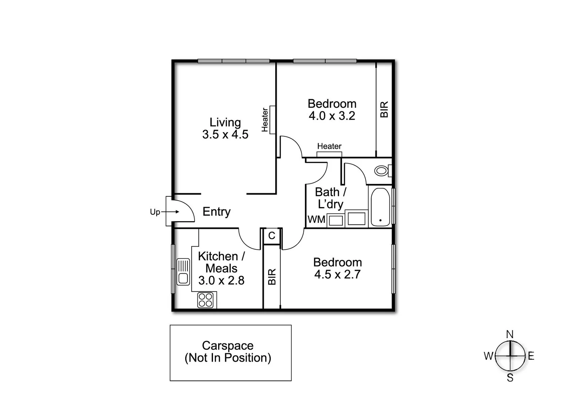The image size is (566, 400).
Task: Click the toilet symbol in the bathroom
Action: click(381, 171)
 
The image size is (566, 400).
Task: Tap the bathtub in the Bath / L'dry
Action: click(380, 207)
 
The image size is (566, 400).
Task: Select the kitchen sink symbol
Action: click(183, 271)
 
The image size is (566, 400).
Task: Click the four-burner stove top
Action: click(206, 300)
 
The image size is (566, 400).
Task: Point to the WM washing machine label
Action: click(316, 219)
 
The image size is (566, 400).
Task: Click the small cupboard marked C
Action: click(272, 236)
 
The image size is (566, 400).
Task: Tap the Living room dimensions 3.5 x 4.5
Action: click(225, 134)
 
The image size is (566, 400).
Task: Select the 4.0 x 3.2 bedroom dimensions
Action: click(332, 116)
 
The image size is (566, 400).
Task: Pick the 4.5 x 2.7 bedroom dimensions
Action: click(337, 274)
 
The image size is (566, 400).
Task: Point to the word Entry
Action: click(216, 211)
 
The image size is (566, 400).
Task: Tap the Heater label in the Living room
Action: click(264, 120)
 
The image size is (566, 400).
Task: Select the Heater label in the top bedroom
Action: click(329, 146)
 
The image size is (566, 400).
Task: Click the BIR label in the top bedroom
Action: click(384, 109)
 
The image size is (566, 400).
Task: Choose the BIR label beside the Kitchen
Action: click(272, 277)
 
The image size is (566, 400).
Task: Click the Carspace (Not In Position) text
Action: click(228, 351)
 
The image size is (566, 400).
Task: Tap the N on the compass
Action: click(510, 334)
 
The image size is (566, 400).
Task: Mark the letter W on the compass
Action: click(489, 356)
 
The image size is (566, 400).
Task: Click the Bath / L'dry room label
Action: click(330, 198)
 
